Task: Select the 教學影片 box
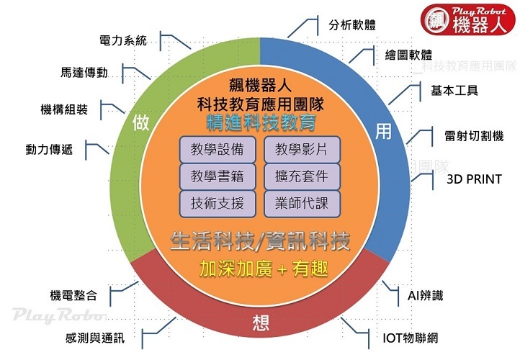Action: point(301,150)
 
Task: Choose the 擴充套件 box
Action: point(301,176)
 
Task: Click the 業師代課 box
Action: point(301,202)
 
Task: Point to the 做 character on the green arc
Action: point(141,122)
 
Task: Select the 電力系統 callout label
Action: point(122,40)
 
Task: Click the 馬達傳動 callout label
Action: point(84,73)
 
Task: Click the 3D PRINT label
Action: point(473,179)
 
